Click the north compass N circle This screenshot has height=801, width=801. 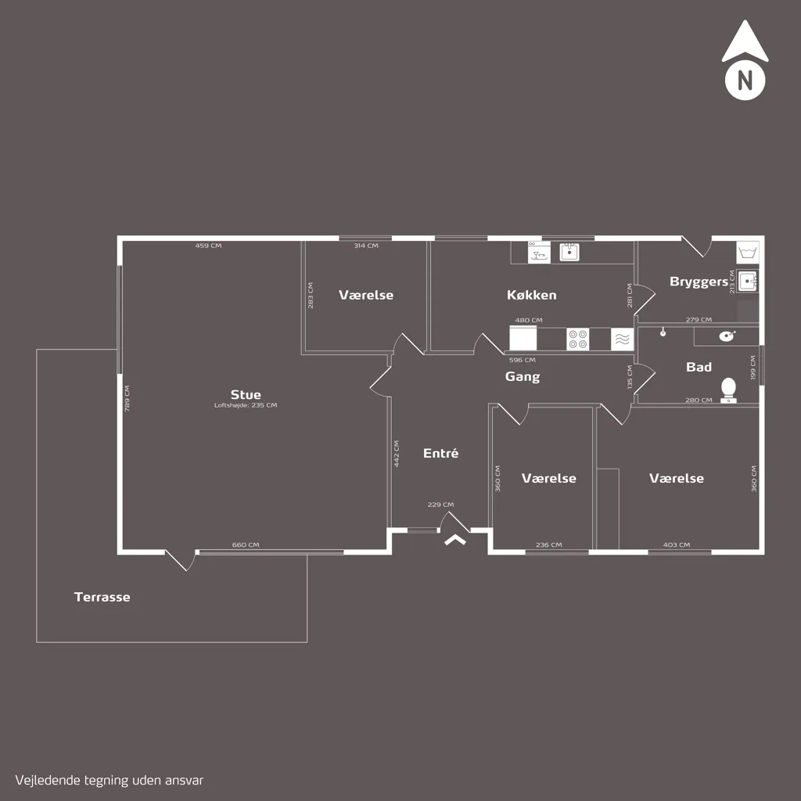[x=745, y=81]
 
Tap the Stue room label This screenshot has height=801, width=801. [x=246, y=394]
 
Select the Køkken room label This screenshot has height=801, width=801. [x=531, y=295]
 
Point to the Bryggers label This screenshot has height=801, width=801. [x=699, y=282]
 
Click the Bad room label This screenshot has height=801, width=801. [x=699, y=367]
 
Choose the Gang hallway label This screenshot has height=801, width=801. [x=522, y=377]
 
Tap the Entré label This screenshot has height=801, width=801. [x=440, y=453]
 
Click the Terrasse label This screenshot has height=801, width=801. [x=102, y=597]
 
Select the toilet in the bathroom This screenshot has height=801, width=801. [x=728, y=390]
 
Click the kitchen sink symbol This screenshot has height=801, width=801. [x=569, y=252]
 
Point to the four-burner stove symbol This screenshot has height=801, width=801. [x=578, y=339]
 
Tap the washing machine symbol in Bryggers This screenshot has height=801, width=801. [x=747, y=253]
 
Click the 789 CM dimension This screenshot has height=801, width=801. [x=128, y=398]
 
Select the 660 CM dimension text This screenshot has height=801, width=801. [x=246, y=544]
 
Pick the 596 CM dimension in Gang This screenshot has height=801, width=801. [x=522, y=360]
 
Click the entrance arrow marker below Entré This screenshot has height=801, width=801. [x=455, y=540]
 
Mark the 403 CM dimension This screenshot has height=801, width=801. [x=677, y=544]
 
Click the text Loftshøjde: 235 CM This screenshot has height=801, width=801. [x=246, y=405]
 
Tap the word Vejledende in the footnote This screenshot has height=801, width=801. [x=48, y=781]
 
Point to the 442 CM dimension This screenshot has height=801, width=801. [x=397, y=454]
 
